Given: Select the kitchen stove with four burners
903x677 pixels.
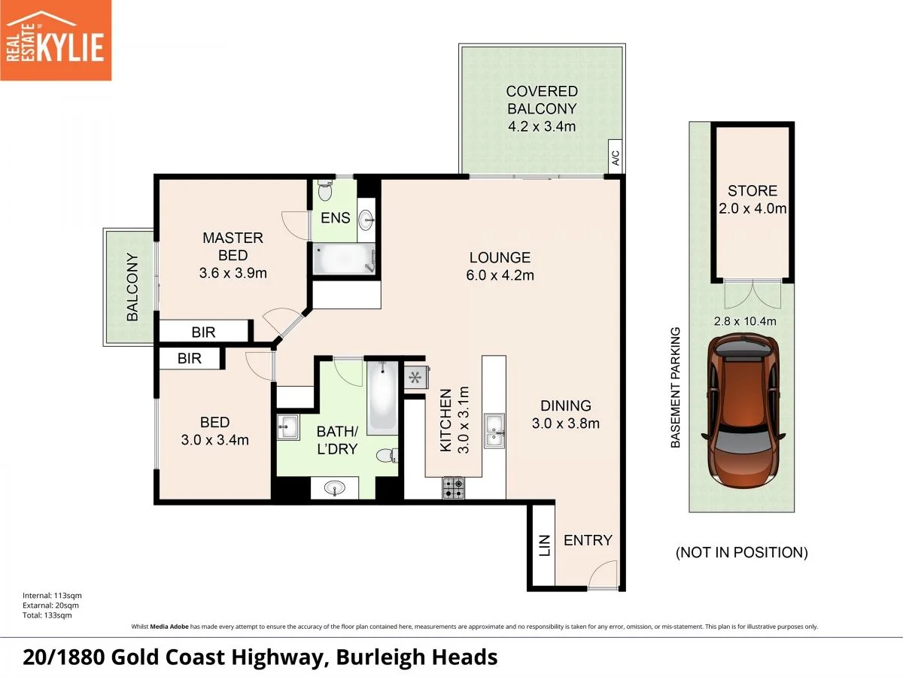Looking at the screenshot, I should coord(453,489).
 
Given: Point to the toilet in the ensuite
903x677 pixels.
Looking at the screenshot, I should coord(325,190).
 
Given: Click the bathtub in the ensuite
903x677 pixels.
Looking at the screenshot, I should coord(343,260).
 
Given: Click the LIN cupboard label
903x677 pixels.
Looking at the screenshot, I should coord(545,545).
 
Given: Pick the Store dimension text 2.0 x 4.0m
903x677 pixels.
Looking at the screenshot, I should coord(752,208).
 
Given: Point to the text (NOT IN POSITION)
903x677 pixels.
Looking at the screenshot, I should coord(741,553).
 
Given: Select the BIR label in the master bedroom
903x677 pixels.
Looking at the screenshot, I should coord(205,330).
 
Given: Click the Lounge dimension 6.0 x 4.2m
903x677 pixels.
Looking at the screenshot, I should coord(500,275).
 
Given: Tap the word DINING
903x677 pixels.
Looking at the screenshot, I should coord(566,405).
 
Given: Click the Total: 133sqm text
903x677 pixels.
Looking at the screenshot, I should coord(47,615).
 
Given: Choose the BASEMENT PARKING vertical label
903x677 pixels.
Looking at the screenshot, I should coord(675,387).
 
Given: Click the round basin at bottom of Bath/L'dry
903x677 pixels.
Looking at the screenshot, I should coord(336,488).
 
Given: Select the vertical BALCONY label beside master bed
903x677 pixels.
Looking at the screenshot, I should coord(133,287).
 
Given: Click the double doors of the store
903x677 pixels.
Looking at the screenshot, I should coord(752,295).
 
